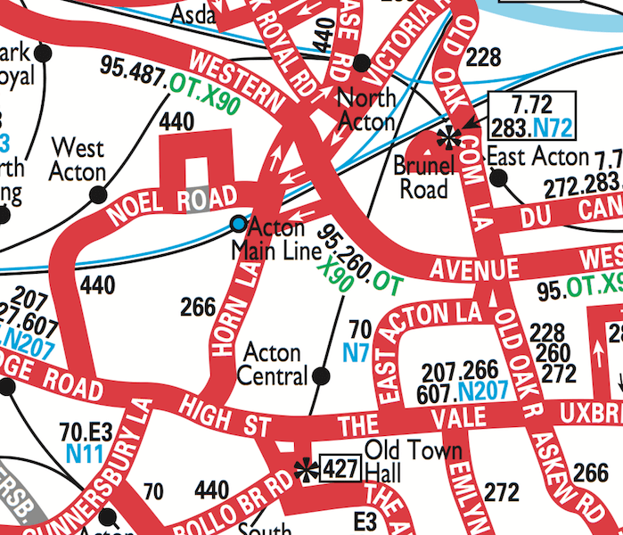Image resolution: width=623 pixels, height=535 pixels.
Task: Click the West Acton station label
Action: pyautogui.click(x=78, y=160)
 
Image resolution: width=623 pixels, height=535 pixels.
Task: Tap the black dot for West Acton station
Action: pyautogui.click(x=100, y=194)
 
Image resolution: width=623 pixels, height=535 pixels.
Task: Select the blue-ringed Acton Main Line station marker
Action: pyautogui.click(x=237, y=222)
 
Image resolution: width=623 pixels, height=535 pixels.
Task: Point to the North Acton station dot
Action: pyautogui.click(x=361, y=62)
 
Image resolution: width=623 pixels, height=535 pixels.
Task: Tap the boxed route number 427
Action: pyautogui.click(x=340, y=468)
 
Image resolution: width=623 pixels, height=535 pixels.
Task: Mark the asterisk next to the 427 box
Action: pyautogui.click(x=307, y=469)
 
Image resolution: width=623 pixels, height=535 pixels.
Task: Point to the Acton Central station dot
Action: pyautogui.click(x=322, y=377)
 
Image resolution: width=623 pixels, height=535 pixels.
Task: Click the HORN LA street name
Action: pyautogui.click(x=233, y=312)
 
